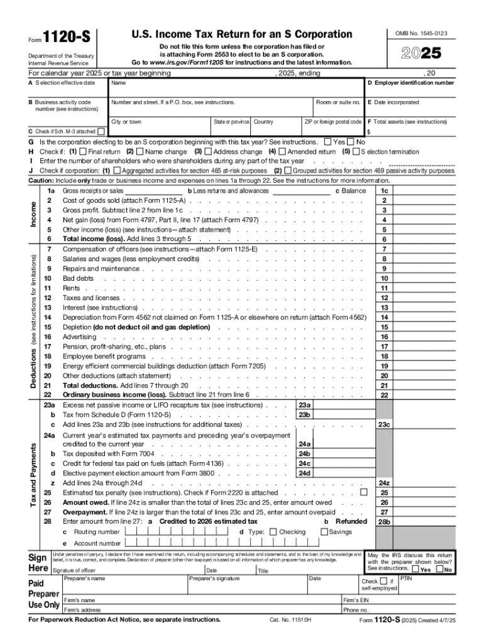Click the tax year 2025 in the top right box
pos(420,54)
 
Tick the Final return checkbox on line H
pos(84,151)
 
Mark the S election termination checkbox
pos(356,151)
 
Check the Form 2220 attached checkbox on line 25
pos(363,493)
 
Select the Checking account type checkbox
pos(273,532)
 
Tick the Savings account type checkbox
pos(324,532)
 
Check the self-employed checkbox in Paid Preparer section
pos(382,581)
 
